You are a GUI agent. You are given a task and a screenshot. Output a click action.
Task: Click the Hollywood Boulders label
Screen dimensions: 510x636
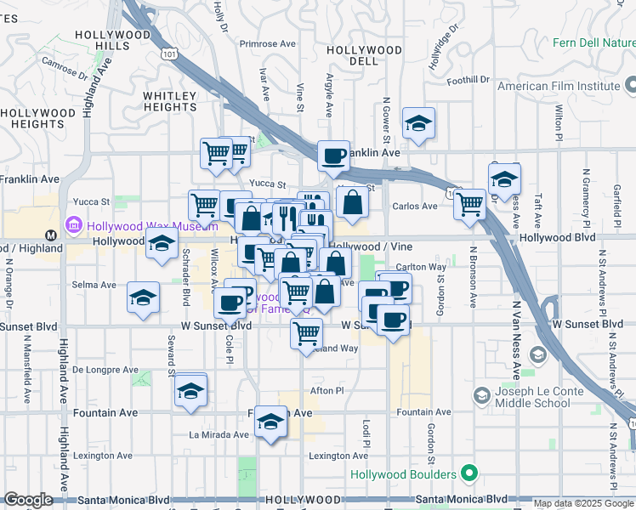404,473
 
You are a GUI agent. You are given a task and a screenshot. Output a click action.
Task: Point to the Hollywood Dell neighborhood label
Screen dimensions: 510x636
365,55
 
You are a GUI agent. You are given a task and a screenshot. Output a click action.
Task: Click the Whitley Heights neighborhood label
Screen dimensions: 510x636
170,101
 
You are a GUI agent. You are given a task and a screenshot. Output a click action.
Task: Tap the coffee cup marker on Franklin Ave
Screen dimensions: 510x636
333,156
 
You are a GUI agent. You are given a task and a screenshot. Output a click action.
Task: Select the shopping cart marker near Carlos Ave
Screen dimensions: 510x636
469,204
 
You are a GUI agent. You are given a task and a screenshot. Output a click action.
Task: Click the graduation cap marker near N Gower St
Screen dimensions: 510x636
418,123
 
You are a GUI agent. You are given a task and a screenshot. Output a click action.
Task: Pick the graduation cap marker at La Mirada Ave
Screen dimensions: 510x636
270,422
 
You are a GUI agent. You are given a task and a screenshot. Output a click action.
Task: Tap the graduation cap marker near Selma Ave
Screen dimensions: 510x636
143,297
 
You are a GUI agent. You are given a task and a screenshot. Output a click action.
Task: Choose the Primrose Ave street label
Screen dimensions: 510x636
267,43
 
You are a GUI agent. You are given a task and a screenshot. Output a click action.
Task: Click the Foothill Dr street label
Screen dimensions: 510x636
471,80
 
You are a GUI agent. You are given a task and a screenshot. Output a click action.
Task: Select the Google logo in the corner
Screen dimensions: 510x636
28,500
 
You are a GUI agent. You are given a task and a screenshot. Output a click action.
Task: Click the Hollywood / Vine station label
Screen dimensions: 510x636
371,246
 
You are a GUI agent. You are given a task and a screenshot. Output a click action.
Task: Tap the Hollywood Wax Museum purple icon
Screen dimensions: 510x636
74,225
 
